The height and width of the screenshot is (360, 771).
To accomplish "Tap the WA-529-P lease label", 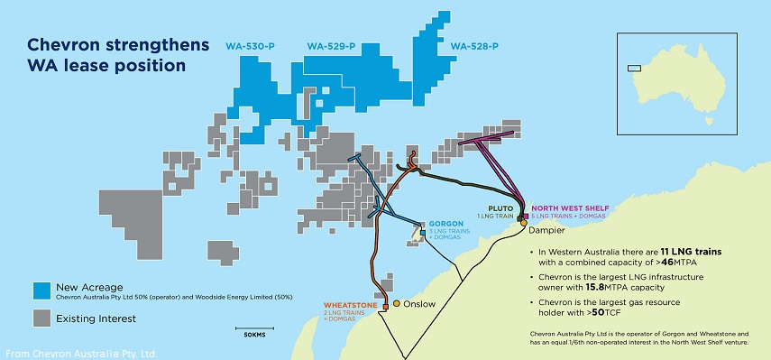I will click(x=332, y=46).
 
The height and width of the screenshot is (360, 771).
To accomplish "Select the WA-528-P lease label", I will click(x=474, y=46).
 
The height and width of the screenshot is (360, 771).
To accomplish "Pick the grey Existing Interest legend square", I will click(x=41, y=318).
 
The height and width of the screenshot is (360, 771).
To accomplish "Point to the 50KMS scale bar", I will click(x=256, y=328).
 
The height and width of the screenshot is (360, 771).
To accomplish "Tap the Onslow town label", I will click(x=418, y=303).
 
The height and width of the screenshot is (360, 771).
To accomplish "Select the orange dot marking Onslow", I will click(x=396, y=303).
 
